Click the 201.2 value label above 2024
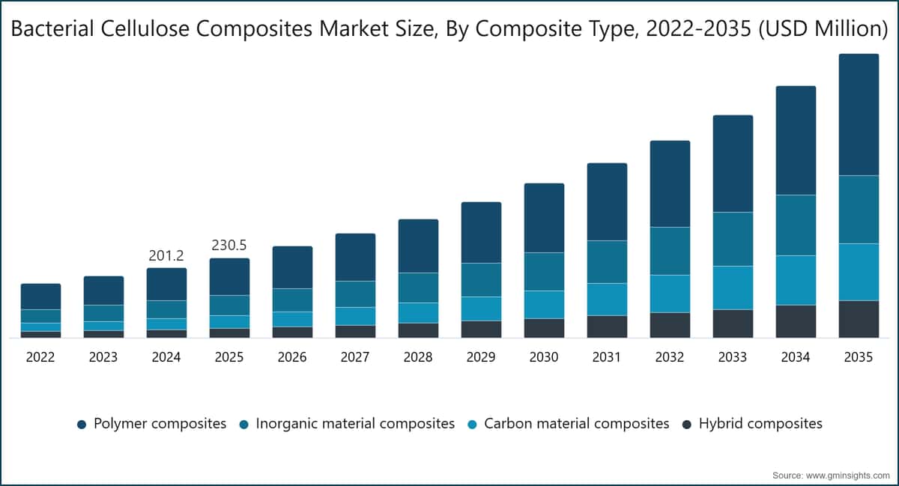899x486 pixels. [x=166, y=255]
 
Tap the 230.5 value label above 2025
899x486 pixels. [x=229, y=245]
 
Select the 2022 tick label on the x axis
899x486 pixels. [x=40, y=356]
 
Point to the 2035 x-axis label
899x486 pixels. [x=859, y=356]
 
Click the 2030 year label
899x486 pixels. [x=544, y=356]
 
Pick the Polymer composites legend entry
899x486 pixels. [x=151, y=424]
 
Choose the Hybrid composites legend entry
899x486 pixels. [x=752, y=424]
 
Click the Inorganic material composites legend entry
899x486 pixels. [x=347, y=424]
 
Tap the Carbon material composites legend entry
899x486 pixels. [x=569, y=424]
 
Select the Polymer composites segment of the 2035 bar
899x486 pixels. [x=859, y=115]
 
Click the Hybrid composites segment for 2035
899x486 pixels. [x=859, y=319]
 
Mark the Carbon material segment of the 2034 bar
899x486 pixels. [x=796, y=280]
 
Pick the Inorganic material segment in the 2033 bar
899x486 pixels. [x=733, y=239]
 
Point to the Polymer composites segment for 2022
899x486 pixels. [x=41, y=297]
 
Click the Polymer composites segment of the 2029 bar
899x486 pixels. [x=481, y=232]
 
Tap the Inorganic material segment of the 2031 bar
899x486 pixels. [x=607, y=261]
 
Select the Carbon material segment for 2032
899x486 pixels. [x=670, y=294]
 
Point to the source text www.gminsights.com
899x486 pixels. [x=847, y=476]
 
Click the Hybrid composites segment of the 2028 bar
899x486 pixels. [x=418, y=330]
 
